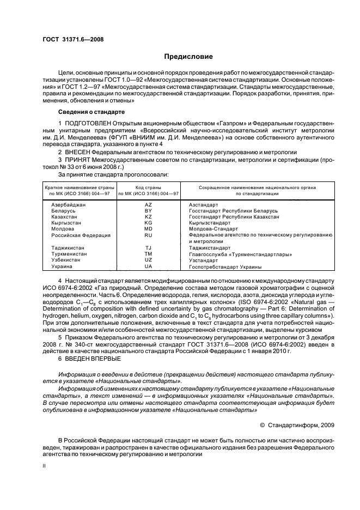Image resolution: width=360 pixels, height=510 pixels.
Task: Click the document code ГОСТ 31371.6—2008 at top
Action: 73,39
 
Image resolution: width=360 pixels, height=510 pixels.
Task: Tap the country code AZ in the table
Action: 148,204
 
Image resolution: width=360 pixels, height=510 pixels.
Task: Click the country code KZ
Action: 148,216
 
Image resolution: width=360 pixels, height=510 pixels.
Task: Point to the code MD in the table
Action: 148,229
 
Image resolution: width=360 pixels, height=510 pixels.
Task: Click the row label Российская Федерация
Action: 81,235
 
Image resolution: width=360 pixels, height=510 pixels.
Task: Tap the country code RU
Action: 148,235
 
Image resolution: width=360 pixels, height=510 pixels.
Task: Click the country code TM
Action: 148,254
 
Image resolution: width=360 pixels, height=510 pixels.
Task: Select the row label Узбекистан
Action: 65,260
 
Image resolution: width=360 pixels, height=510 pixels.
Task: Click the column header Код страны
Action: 148,187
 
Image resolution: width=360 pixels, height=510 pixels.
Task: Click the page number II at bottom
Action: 45,466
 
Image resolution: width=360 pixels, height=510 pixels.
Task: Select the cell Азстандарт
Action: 203,204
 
